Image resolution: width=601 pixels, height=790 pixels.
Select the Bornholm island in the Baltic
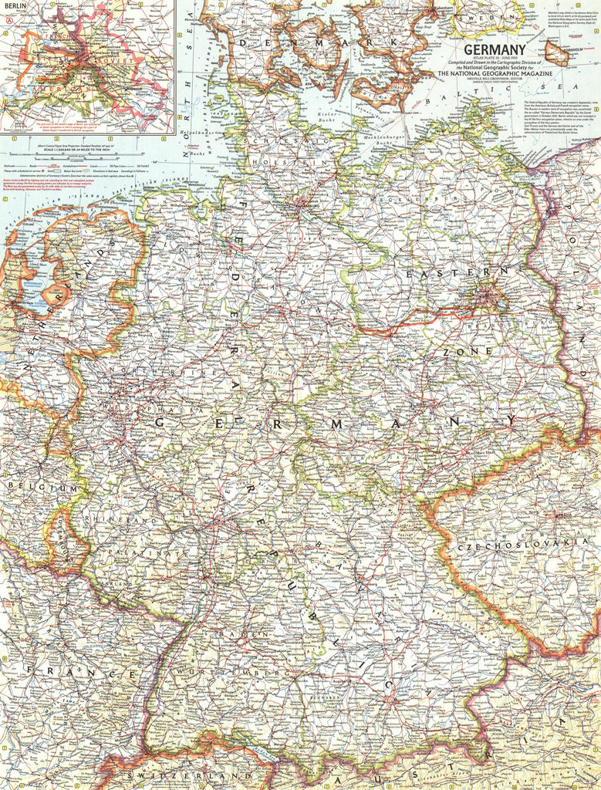(x=557, y=52)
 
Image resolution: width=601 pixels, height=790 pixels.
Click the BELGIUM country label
(x=42, y=488)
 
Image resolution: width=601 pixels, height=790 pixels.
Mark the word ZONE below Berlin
(x=467, y=351)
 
